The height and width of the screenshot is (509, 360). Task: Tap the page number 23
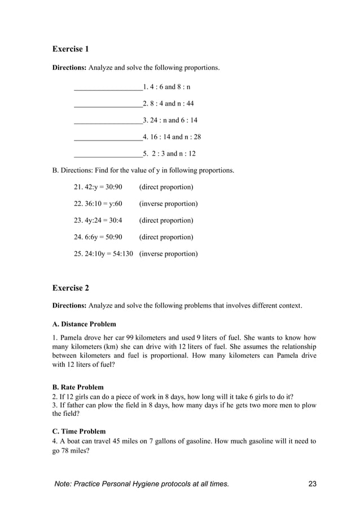(313, 484)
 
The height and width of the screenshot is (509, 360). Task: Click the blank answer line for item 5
(108, 153)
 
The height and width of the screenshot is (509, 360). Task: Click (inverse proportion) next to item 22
(168, 204)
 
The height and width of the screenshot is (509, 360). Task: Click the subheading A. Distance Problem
(84, 324)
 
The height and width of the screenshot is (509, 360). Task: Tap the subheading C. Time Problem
(78, 432)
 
